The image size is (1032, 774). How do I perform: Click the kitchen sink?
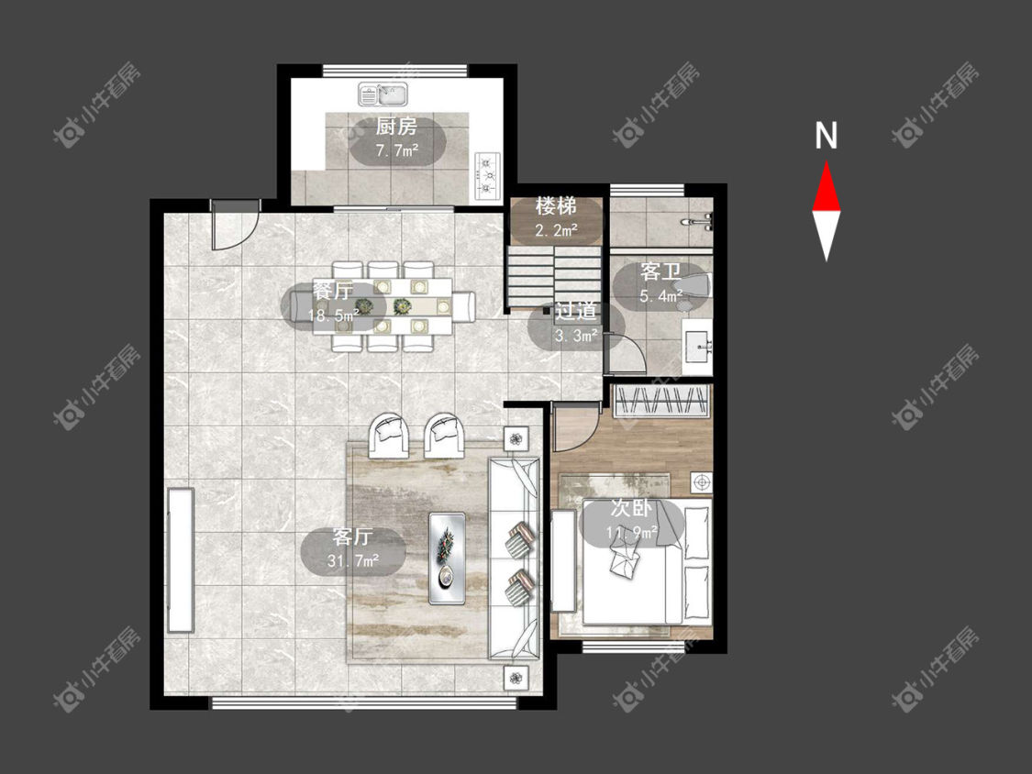point(383,94)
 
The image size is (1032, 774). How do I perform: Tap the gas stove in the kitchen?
point(487,176)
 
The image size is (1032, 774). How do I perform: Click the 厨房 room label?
point(396,127)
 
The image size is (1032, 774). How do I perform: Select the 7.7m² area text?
point(397,150)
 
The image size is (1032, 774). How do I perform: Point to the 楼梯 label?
point(556,206)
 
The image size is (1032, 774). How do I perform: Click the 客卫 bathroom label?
point(660,271)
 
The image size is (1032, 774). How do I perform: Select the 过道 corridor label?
point(576,311)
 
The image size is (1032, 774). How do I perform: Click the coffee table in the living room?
point(448,558)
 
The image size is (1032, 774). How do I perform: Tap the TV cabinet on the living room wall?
point(180,560)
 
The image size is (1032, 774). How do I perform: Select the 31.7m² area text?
point(353,560)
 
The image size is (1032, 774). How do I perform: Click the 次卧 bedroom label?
point(631,507)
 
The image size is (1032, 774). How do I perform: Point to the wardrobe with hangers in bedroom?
point(660,400)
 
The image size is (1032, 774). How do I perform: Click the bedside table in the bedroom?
point(701,482)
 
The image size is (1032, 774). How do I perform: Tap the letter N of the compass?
point(826,136)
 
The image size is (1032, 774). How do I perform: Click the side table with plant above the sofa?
point(516,437)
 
